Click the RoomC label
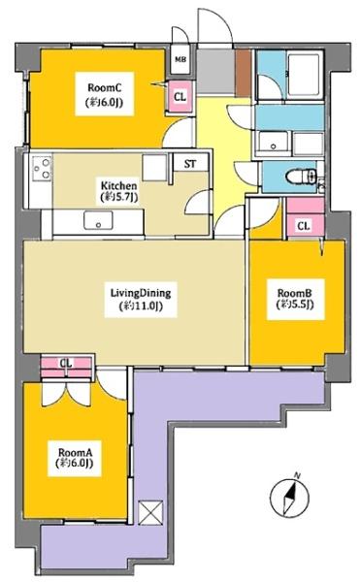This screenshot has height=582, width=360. (x=104, y=94)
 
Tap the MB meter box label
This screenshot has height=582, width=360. (x=180, y=59)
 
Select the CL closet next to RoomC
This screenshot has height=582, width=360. (x=180, y=97)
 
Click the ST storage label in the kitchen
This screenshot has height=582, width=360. (x=190, y=164)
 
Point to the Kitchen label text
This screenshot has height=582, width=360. (x=118, y=191)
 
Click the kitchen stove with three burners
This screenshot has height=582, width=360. (x=42, y=168)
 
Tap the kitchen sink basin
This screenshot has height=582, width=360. (x=98, y=220)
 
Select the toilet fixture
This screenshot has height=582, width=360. (x=301, y=177)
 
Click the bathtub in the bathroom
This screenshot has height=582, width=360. (x=306, y=77)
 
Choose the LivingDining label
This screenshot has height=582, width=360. (x=141, y=299)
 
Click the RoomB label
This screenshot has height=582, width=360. (x=295, y=299)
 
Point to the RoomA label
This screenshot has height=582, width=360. (x=75, y=458)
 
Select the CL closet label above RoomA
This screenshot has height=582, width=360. (x=66, y=363)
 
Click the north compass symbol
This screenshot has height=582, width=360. (x=289, y=497)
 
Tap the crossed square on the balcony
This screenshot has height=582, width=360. (x=150, y=512)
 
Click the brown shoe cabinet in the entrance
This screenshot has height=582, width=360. (x=244, y=73)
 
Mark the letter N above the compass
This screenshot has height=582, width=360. (x=297, y=474)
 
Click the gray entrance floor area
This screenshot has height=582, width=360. (x=215, y=73)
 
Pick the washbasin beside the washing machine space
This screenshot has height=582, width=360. (x=274, y=143)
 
